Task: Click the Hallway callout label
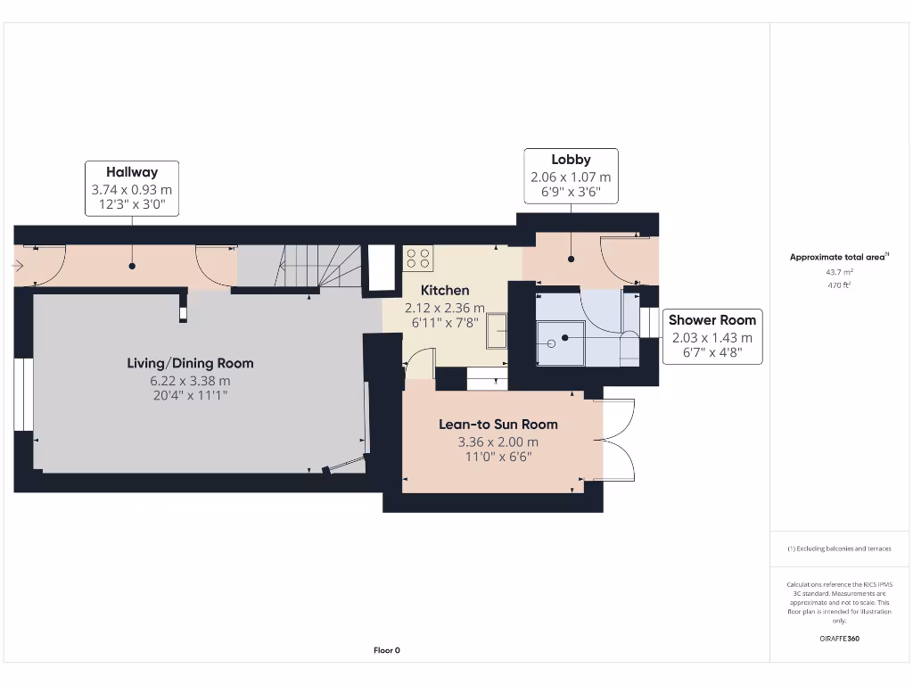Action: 132,188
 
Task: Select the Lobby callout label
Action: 571,176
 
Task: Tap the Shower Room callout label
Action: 711,336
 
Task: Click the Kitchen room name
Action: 444,290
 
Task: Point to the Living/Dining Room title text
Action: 189,363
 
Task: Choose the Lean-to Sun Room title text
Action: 498,425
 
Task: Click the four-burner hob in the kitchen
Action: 418,259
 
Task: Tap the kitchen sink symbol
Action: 497,331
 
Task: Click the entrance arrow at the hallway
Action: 19,265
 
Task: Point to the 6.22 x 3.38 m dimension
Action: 189,380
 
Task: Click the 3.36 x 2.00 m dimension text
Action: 498,442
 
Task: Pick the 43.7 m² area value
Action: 838,272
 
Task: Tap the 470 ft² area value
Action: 838,285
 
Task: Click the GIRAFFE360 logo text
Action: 838,639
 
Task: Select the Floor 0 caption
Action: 386,650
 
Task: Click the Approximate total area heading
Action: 838,257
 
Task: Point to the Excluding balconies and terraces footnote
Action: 838,549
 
